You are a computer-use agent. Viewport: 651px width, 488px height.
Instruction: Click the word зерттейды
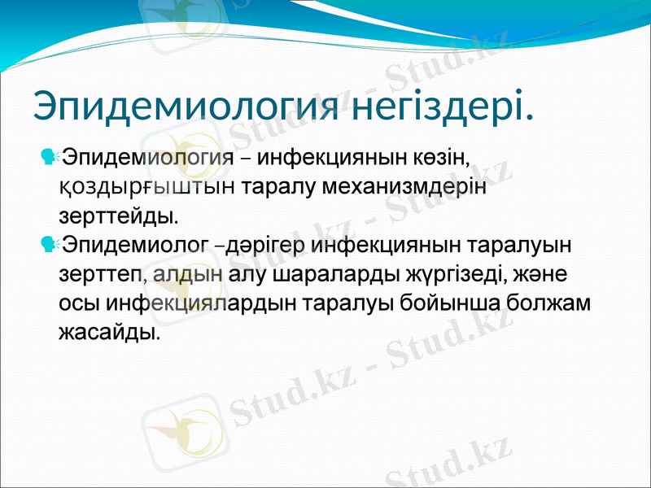[x=117, y=217]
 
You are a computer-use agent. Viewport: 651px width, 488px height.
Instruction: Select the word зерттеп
[x=101, y=273]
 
